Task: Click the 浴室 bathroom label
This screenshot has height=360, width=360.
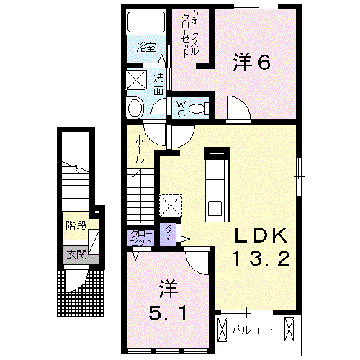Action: (x=147, y=48)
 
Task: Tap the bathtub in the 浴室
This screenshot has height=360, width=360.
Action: (x=146, y=24)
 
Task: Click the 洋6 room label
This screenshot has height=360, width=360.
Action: (x=251, y=63)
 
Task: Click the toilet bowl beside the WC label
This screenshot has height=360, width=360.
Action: (x=201, y=108)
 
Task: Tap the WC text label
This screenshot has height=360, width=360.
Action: (x=181, y=108)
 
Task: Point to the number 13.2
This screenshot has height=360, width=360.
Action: (x=261, y=258)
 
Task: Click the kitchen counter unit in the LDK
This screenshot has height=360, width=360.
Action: (x=216, y=184)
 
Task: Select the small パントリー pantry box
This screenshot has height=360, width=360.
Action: (x=168, y=235)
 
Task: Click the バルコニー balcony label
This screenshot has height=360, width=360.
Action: (x=251, y=330)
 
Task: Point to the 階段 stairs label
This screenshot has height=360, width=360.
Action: (x=76, y=226)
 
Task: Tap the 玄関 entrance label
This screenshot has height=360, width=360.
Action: (x=76, y=254)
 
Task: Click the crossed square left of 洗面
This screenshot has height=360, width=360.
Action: (x=137, y=79)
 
